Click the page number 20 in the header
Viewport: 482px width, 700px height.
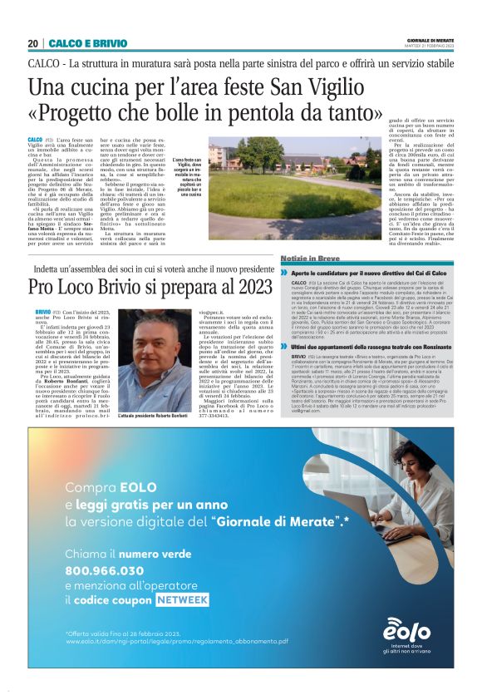point(32,43)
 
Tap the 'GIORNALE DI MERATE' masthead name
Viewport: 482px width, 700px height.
point(430,40)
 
